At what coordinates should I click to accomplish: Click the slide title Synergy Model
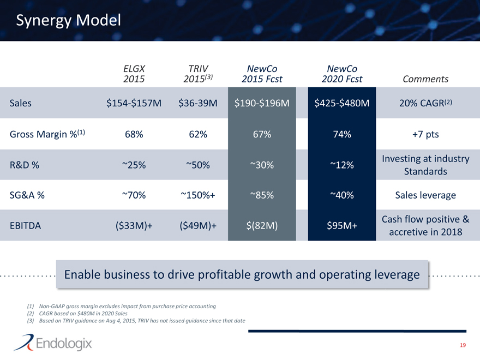[68, 21]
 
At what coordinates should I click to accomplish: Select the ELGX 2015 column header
[134, 74]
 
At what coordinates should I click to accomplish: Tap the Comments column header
[425, 79]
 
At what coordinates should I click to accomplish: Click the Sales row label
[21, 103]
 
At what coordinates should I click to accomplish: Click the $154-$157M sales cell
[134, 103]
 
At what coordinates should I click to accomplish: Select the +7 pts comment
[425, 134]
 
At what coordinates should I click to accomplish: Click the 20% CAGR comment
[425, 103]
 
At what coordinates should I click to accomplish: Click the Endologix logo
[53, 344]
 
